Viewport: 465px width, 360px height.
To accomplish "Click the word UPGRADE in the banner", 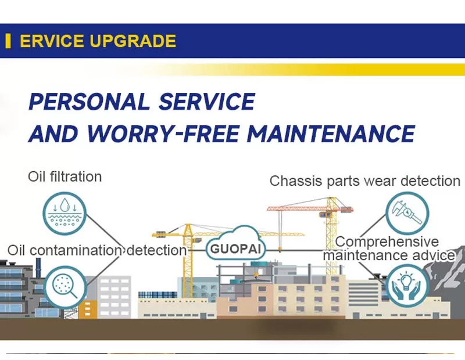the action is (x=133, y=41).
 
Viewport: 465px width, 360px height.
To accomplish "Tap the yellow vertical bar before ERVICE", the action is (x=8, y=41).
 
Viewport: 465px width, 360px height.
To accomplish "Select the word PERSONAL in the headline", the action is (x=89, y=102).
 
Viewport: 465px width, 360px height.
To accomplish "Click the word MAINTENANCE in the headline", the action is (x=331, y=134).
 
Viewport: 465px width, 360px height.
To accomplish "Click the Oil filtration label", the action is (x=65, y=177).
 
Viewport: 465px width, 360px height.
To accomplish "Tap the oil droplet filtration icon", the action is (x=65, y=213).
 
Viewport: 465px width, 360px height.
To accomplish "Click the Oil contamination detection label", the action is (x=97, y=251).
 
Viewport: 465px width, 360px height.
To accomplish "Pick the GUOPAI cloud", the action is (x=235, y=243).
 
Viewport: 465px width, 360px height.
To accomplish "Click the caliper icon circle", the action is (x=407, y=213).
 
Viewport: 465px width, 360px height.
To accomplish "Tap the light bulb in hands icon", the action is (x=407, y=286).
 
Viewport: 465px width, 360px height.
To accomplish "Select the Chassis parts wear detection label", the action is (x=365, y=181).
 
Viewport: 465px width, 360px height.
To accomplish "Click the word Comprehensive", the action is (x=387, y=242).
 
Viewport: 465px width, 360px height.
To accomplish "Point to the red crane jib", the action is (x=310, y=208).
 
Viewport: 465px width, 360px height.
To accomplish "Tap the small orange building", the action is (x=88, y=309).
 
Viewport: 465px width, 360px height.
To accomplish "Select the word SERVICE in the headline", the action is (x=207, y=102).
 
